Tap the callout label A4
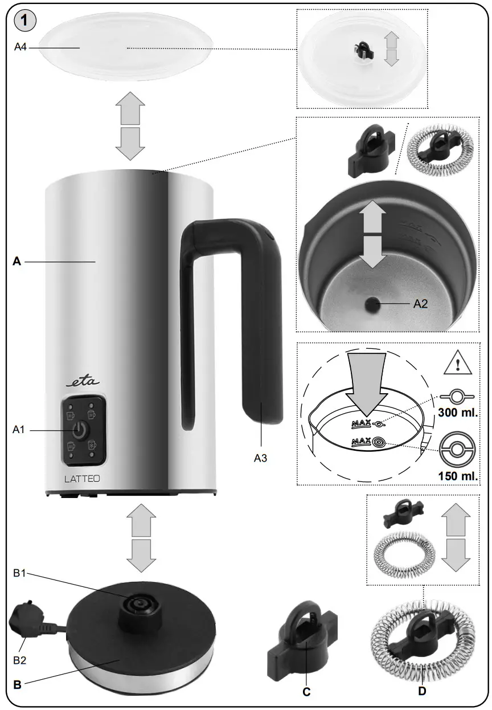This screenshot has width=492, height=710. (x=20, y=48)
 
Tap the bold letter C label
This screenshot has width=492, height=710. (x=306, y=692)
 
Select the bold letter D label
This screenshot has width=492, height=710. (x=421, y=692)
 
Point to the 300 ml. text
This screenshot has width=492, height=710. (x=456, y=412)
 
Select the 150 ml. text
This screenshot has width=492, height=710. (x=457, y=476)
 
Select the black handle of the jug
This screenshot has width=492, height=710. (x=251, y=319)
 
